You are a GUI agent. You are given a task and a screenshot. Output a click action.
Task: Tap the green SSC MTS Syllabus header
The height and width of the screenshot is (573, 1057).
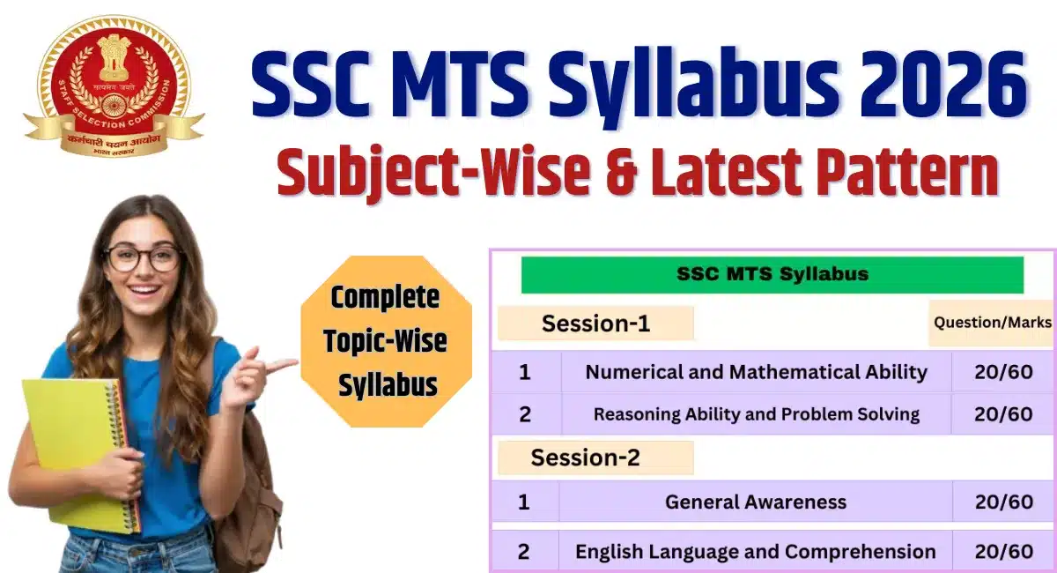tap(772, 274)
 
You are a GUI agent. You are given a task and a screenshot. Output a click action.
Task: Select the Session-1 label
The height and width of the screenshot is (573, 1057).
tap(595, 324)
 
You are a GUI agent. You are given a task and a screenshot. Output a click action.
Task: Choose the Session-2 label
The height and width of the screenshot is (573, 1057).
tap(585, 458)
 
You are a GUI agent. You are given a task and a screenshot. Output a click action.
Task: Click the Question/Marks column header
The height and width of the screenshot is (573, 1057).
tap(992, 323)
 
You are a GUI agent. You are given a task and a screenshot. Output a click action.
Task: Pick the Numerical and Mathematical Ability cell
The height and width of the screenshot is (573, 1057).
tap(756, 372)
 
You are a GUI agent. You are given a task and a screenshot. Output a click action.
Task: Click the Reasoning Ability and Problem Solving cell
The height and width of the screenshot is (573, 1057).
tap(756, 413)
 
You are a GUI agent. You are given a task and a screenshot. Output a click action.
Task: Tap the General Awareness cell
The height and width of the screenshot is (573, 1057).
tap(755, 502)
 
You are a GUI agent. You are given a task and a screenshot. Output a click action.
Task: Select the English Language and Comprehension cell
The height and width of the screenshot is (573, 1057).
tap(755, 552)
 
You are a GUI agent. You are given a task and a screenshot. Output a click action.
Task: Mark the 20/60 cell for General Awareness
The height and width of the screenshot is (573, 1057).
tap(1003, 502)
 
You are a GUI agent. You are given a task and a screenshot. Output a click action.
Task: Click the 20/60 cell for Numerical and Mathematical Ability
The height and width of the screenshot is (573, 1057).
tap(1003, 372)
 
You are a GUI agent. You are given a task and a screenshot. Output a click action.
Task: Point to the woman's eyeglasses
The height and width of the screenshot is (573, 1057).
tap(143, 257)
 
